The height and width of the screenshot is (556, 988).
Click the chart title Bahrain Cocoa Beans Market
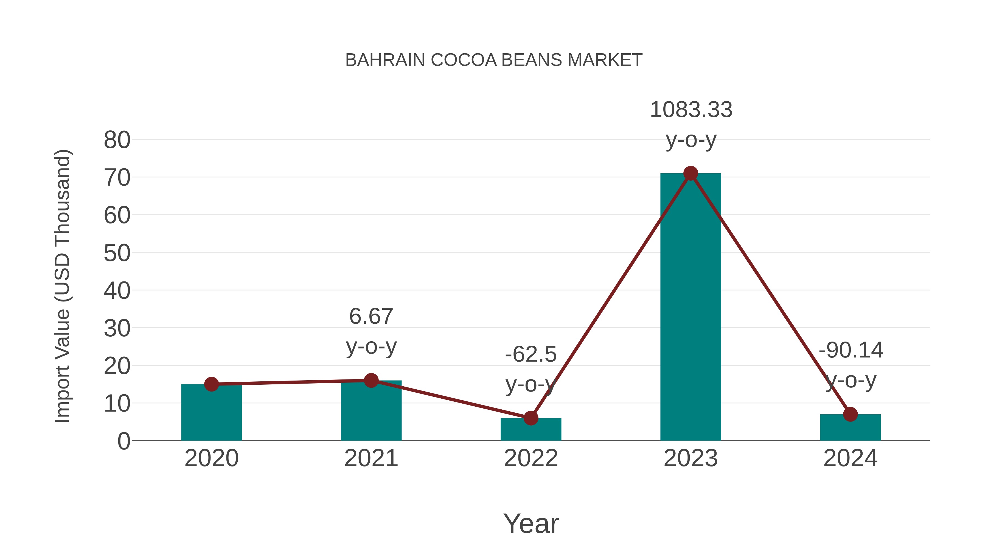pos(494,60)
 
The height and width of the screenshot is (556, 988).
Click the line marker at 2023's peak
pos(691,174)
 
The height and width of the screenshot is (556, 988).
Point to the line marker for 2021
pos(371,380)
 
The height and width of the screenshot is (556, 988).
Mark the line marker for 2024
pos(850,414)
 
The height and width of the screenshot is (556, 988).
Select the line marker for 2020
pos(211,384)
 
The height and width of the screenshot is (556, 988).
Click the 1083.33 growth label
pos(691,110)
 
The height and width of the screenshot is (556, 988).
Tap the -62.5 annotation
pos(531,354)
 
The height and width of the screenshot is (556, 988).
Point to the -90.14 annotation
pos(851,350)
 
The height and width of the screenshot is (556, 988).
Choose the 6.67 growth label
pos(371,317)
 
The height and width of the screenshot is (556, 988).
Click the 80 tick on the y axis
pos(117,140)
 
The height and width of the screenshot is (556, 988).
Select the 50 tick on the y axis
pos(117,253)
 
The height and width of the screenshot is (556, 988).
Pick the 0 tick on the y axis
pos(123,441)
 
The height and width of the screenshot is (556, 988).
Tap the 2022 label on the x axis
pos(531,458)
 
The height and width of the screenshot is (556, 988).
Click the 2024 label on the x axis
pos(850,458)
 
